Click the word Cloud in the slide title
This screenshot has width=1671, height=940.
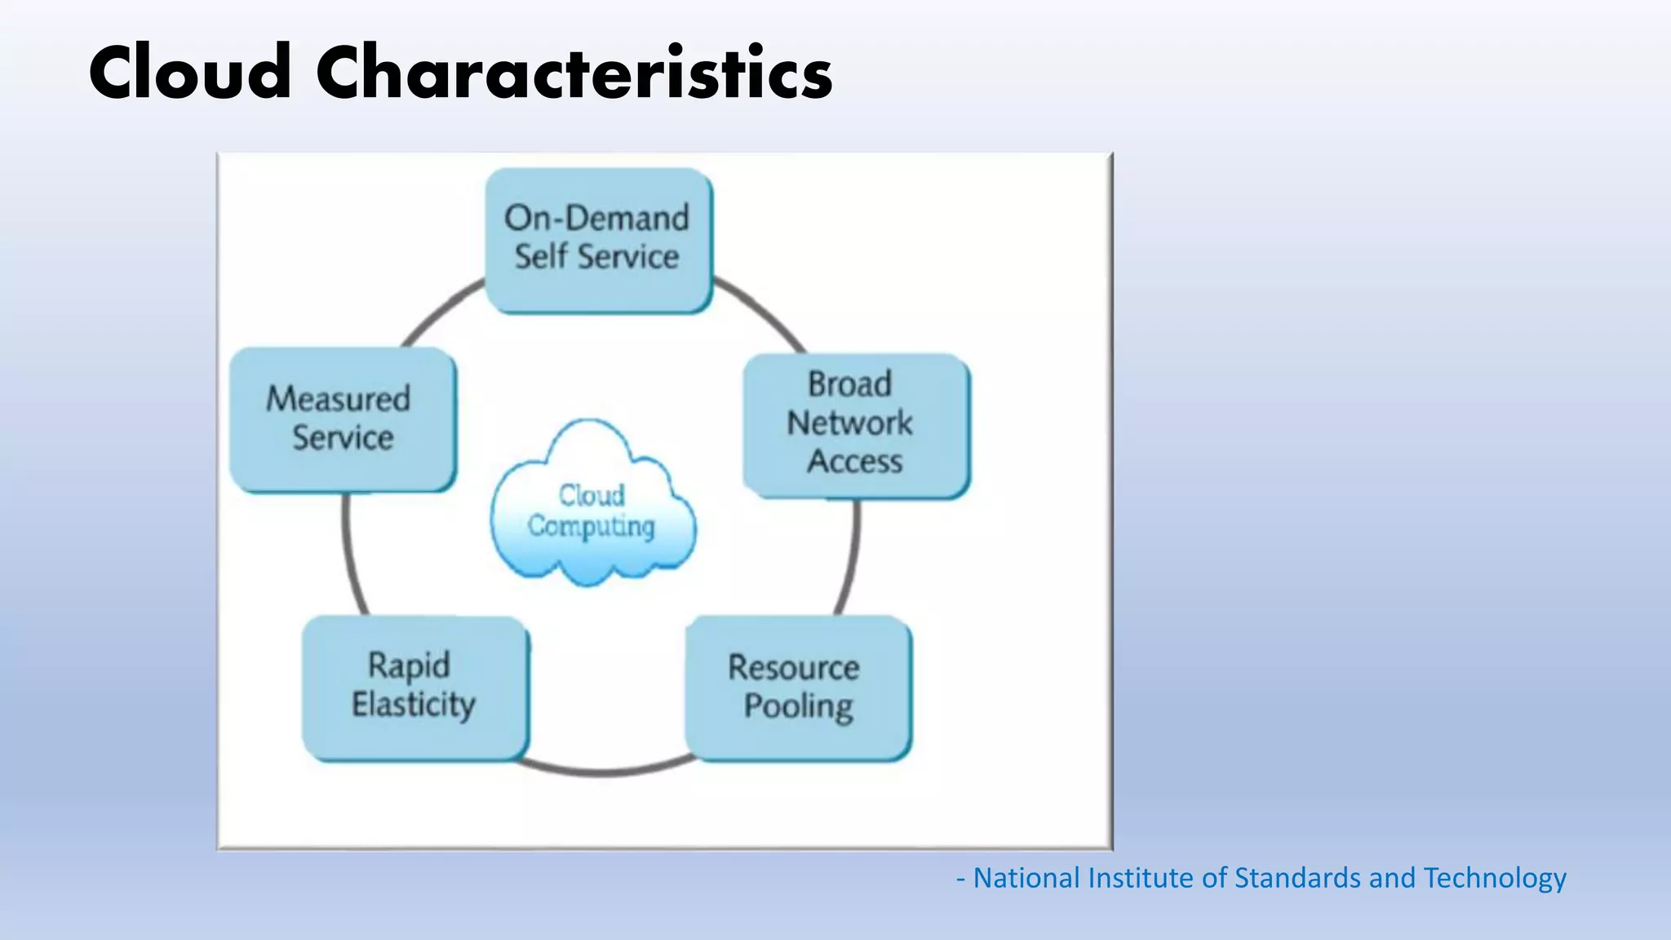[189, 73]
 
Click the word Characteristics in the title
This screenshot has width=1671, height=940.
[574, 73]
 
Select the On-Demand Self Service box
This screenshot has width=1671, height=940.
[598, 239]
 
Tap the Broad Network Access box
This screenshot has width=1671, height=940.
[856, 424]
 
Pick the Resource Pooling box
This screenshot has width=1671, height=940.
[798, 688]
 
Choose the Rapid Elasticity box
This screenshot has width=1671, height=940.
[414, 688]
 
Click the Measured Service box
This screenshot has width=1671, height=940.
[343, 419]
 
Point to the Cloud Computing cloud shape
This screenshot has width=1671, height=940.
[593, 506]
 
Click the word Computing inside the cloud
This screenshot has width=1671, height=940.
[591, 526]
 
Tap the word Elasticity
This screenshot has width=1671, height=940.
[413, 704]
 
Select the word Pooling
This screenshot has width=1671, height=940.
[798, 707]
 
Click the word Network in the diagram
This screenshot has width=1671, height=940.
[849, 423]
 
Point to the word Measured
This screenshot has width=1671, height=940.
[338, 399]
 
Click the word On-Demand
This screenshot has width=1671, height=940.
[596, 218]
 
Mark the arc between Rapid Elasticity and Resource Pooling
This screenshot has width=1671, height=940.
[604, 769]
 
